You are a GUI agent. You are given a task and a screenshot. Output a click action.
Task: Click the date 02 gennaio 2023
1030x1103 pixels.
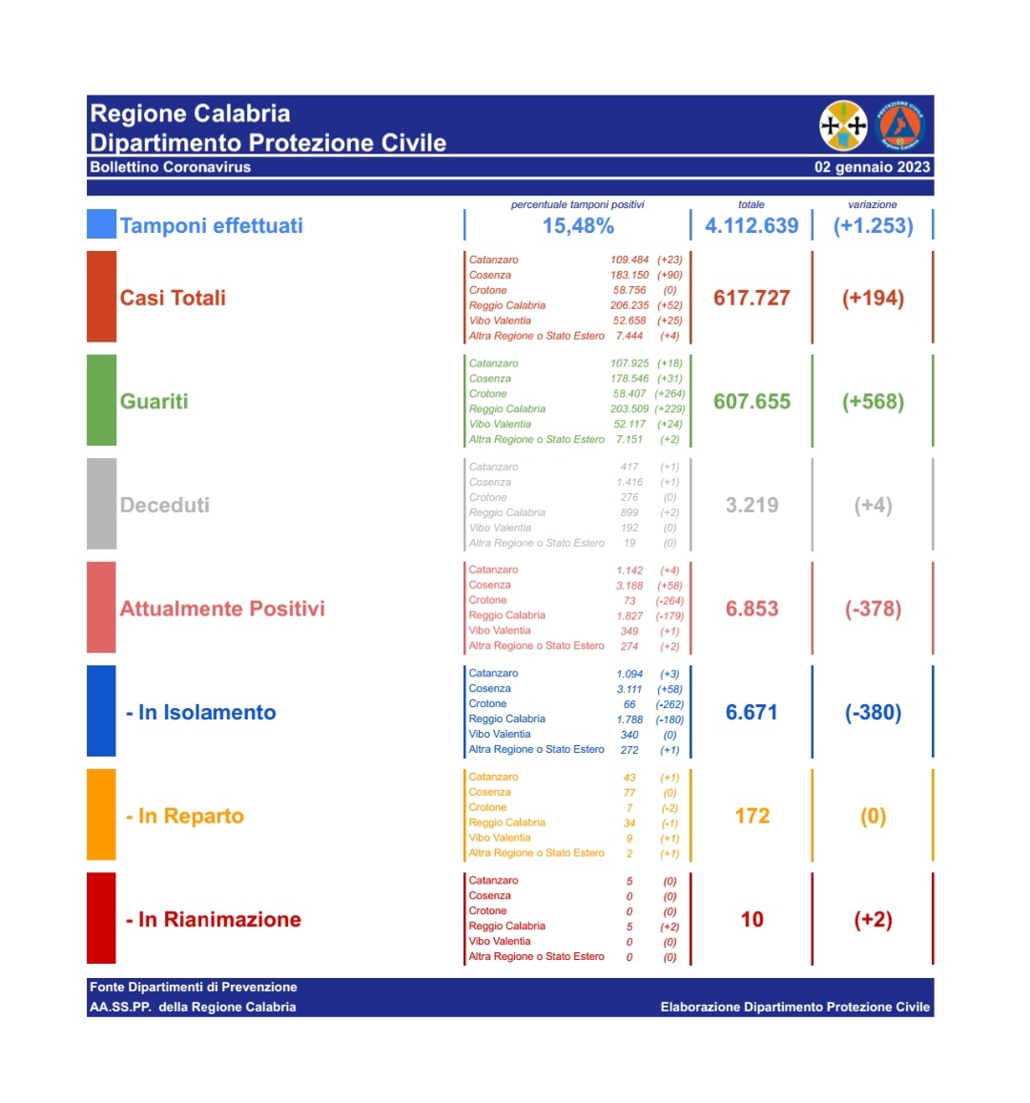872,167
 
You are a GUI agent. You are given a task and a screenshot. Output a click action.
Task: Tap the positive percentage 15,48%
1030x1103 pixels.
578,226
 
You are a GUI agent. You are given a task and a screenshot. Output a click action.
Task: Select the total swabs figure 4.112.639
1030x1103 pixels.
752,226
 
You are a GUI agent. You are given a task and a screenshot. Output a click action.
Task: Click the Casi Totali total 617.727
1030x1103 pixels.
752,298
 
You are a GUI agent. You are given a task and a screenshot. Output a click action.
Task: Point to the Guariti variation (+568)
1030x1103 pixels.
873,402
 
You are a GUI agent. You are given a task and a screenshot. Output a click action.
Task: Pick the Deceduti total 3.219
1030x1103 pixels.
752,505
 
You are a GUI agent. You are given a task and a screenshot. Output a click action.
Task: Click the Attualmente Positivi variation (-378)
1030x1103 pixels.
873,609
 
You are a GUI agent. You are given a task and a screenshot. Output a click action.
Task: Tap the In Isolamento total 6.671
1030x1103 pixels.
752,713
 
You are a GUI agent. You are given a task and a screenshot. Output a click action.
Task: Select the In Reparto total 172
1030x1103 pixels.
752,816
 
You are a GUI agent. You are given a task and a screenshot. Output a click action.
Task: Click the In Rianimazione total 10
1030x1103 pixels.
752,920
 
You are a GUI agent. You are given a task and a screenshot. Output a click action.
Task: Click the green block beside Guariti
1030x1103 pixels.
101,400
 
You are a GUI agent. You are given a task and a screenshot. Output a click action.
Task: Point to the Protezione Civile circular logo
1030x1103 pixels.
899,125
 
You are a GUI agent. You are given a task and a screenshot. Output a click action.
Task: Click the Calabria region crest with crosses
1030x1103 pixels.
843,125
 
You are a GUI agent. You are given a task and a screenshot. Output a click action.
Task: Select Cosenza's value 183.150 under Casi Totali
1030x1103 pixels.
629,275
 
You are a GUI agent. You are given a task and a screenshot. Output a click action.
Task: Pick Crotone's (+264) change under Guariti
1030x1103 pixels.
669,393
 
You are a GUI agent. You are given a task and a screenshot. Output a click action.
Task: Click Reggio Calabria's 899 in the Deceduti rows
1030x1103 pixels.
629,512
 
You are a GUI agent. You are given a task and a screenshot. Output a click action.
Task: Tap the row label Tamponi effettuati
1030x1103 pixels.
212,226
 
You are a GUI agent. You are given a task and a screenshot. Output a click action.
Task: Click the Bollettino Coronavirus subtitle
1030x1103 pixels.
170,167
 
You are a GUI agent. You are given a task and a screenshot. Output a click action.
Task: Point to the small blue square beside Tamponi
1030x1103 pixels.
101,224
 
